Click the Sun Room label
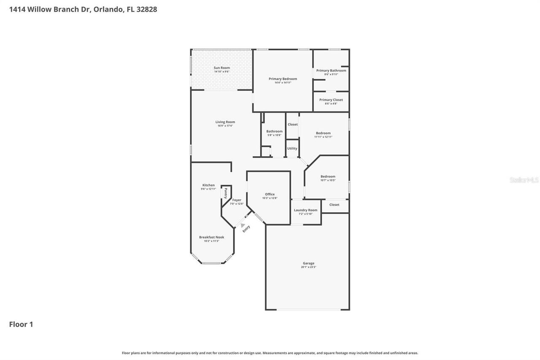click(221, 68)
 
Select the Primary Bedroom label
click(283, 79)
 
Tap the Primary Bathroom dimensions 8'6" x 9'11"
click(331, 74)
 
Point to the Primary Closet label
click(331, 100)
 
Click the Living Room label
click(225, 122)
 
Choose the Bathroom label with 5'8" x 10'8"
click(274, 131)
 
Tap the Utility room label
click(292, 149)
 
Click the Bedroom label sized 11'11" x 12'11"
click(323, 133)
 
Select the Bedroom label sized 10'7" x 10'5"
click(328, 176)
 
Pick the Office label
click(270, 194)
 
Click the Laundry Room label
click(305, 210)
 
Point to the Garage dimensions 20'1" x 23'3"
click(308, 267)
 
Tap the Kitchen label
click(208, 185)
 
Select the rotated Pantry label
click(226, 193)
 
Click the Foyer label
click(237, 200)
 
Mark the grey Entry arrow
click(243, 225)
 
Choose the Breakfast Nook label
click(211, 237)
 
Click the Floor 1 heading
click(21, 324)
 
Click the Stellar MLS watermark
click(524, 180)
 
